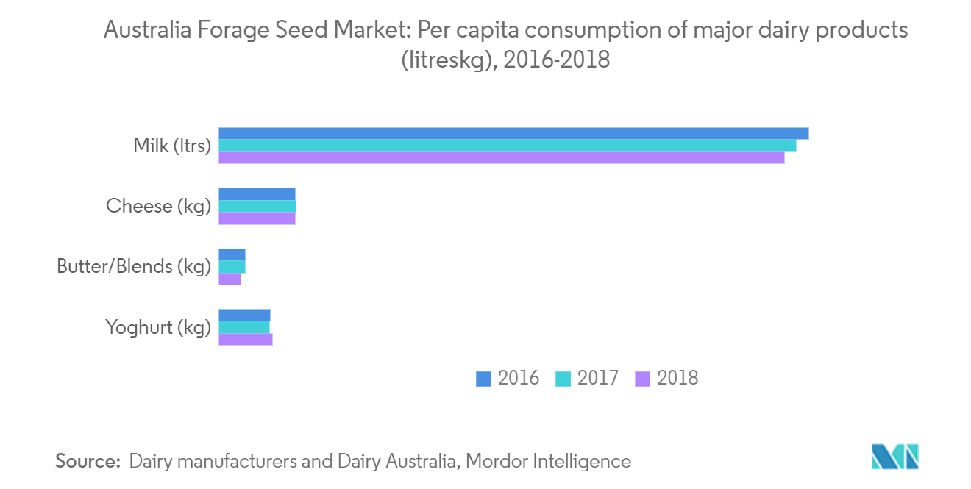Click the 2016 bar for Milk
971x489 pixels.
point(513,133)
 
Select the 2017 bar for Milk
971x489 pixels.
point(508,146)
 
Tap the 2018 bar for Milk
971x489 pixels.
point(502,157)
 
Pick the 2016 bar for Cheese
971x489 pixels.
point(257,193)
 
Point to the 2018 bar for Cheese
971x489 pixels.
point(257,218)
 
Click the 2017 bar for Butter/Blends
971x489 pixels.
point(232,266)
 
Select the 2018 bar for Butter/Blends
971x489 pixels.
point(230,279)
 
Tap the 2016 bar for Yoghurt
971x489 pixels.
point(244,315)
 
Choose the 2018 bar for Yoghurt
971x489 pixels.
point(246,339)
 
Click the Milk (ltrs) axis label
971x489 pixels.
point(172,146)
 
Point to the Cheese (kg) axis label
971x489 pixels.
point(158,206)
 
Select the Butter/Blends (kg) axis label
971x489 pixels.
point(134,266)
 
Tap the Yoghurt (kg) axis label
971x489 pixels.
point(158,327)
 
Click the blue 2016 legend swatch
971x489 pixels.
point(483,379)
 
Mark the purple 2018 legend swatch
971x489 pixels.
point(642,379)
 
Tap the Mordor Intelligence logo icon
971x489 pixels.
point(895,457)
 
